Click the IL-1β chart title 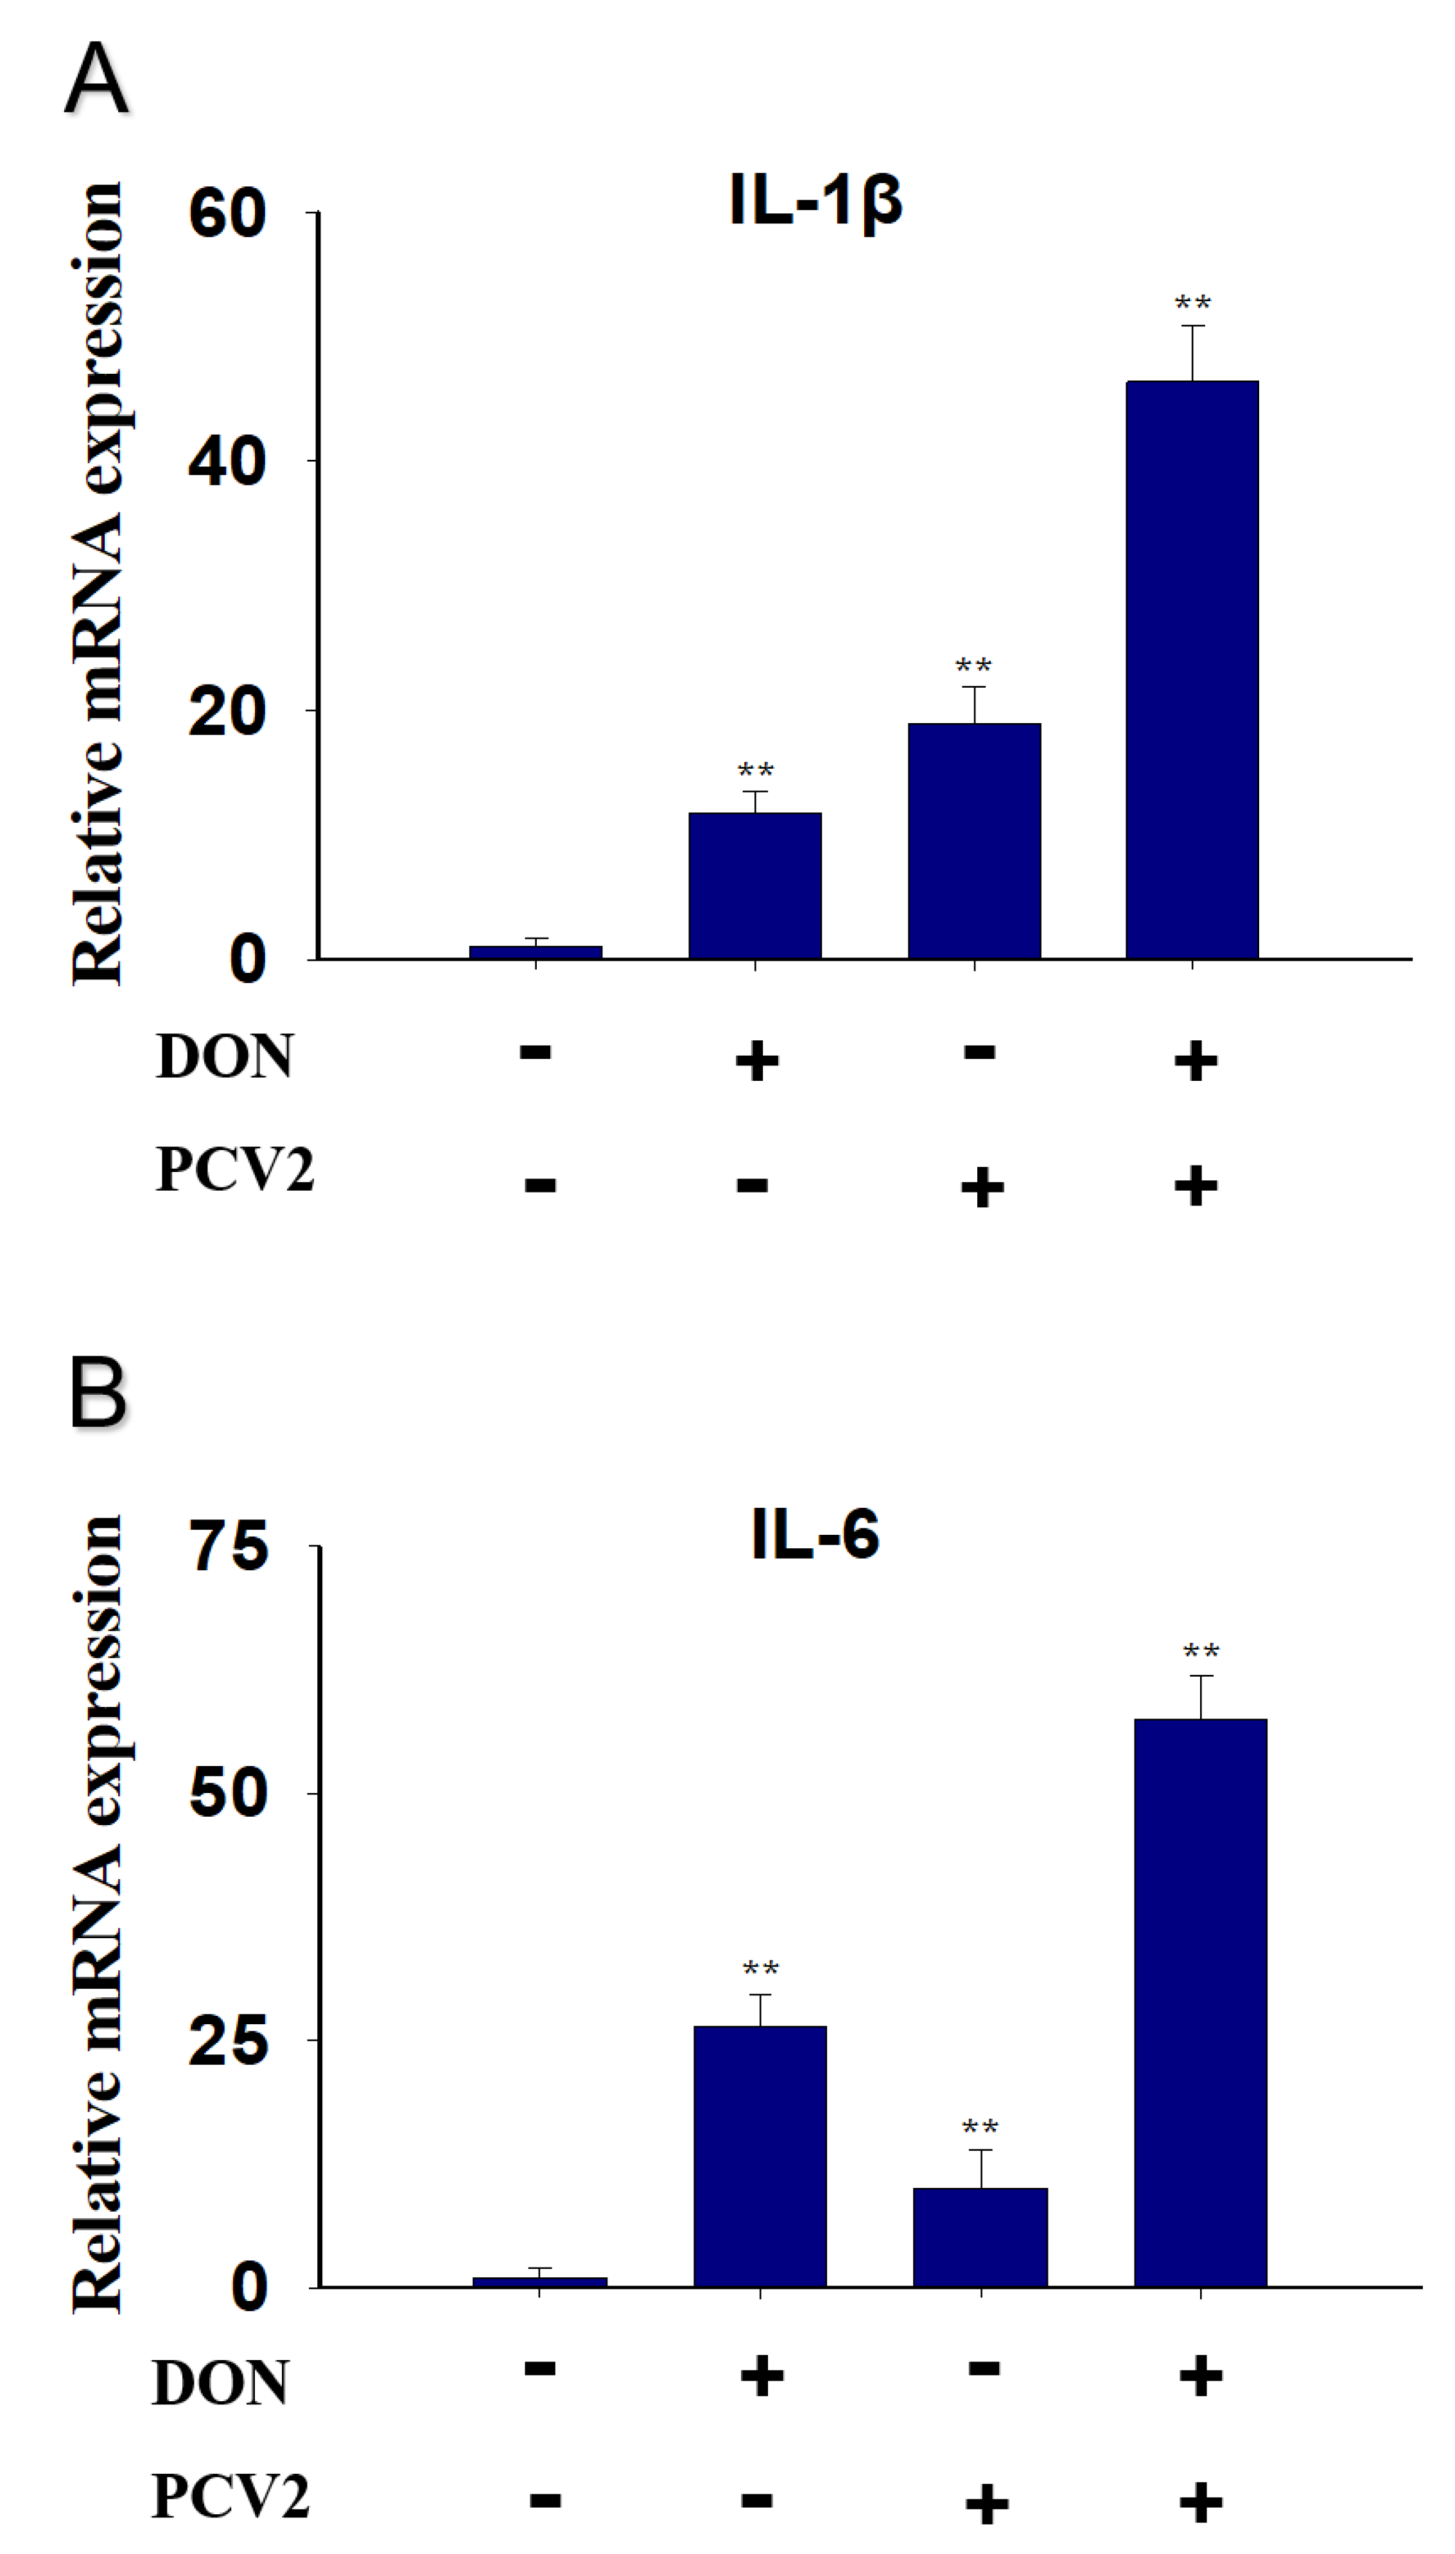click(x=815, y=200)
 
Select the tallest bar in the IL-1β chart click(x=1191, y=669)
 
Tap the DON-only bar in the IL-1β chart click(x=754, y=886)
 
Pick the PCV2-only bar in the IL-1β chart click(x=973, y=841)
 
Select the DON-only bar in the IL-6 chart click(x=760, y=2155)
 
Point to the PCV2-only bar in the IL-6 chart click(x=979, y=2236)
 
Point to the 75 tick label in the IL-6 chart click(x=229, y=1547)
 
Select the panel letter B click(x=98, y=1391)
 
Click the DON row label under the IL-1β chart click(x=224, y=1056)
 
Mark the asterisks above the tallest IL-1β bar click(x=1192, y=302)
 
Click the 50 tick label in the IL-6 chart click(x=229, y=1792)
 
